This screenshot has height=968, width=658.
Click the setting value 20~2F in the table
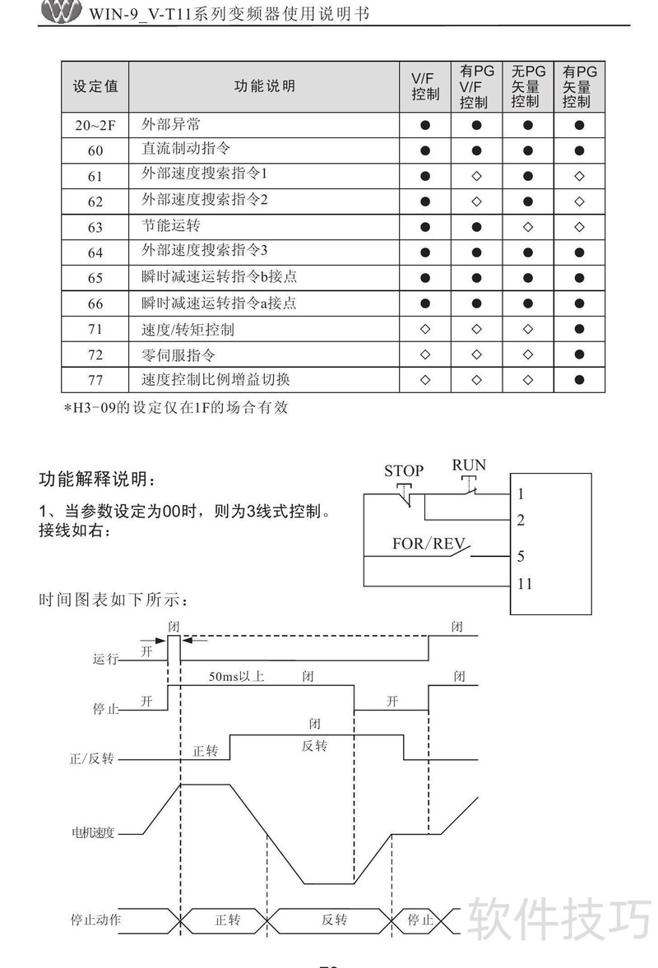(95, 125)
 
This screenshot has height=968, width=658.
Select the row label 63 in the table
(95, 227)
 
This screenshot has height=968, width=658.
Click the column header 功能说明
(264, 86)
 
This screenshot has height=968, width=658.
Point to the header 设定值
(95, 86)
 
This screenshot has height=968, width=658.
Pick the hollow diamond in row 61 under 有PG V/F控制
(476, 176)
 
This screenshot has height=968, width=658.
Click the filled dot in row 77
(579, 380)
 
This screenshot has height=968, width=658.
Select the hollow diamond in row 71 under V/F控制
(424, 329)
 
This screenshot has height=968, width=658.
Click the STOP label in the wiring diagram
(404, 471)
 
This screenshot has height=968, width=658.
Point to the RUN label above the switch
(469, 465)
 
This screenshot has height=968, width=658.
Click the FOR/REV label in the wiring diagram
(429, 544)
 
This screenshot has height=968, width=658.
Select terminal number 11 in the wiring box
(525, 583)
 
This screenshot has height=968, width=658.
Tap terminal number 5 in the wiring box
(521, 556)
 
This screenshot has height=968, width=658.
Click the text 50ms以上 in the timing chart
(236, 677)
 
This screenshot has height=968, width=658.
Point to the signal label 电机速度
(93, 833)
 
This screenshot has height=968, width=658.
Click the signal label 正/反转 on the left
(92, 759)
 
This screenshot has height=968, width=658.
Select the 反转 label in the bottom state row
(334, 919)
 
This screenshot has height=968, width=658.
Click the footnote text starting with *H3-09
(176, 407)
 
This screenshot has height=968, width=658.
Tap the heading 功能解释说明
(98, 479)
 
